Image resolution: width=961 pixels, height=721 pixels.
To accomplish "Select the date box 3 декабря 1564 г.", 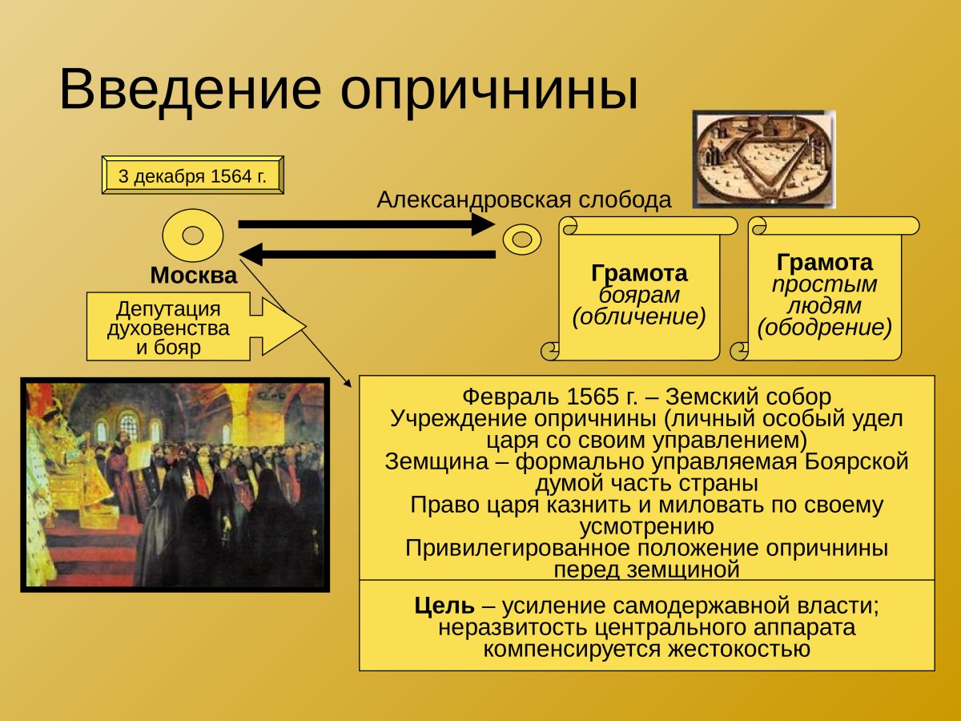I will coord(192,176).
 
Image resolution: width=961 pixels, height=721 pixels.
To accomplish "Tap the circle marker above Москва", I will coord(192,236).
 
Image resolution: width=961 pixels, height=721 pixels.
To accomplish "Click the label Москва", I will coord(194,276).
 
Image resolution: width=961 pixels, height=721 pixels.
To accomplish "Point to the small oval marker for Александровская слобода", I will coord(522,239).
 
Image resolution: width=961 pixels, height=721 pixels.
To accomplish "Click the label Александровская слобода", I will coord(524,199).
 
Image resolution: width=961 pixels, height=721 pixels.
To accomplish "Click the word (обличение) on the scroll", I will coord(639,317).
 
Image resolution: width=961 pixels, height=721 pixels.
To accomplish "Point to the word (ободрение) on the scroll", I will coord(824,328).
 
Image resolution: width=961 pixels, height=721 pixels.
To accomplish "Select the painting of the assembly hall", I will coord(175,484).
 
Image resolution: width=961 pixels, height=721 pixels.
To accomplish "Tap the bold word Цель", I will coord(444,606).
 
